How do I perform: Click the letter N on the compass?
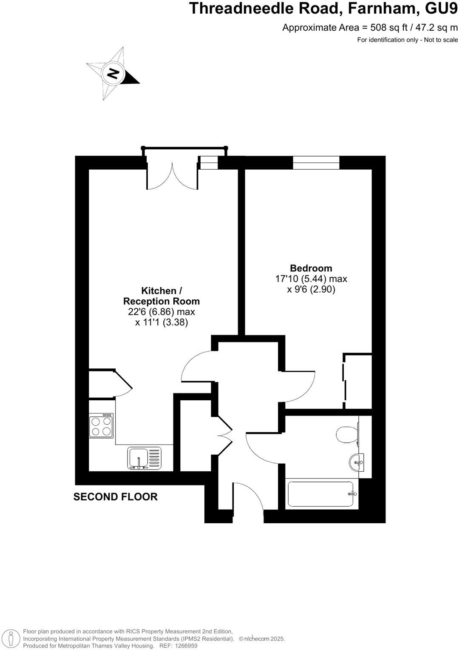(113, 73)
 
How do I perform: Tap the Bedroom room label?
(311, 268)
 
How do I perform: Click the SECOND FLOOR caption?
(115, 497)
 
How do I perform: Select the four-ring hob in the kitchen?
(101, 426)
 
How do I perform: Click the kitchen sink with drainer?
(144, 458)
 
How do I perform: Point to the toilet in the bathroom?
(347, 435)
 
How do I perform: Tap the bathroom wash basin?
(357, 461)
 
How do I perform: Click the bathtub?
(322, 494)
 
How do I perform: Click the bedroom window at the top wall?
(316, 162)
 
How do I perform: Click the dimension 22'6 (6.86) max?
(161, 312)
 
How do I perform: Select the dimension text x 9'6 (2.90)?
(311, 290)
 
